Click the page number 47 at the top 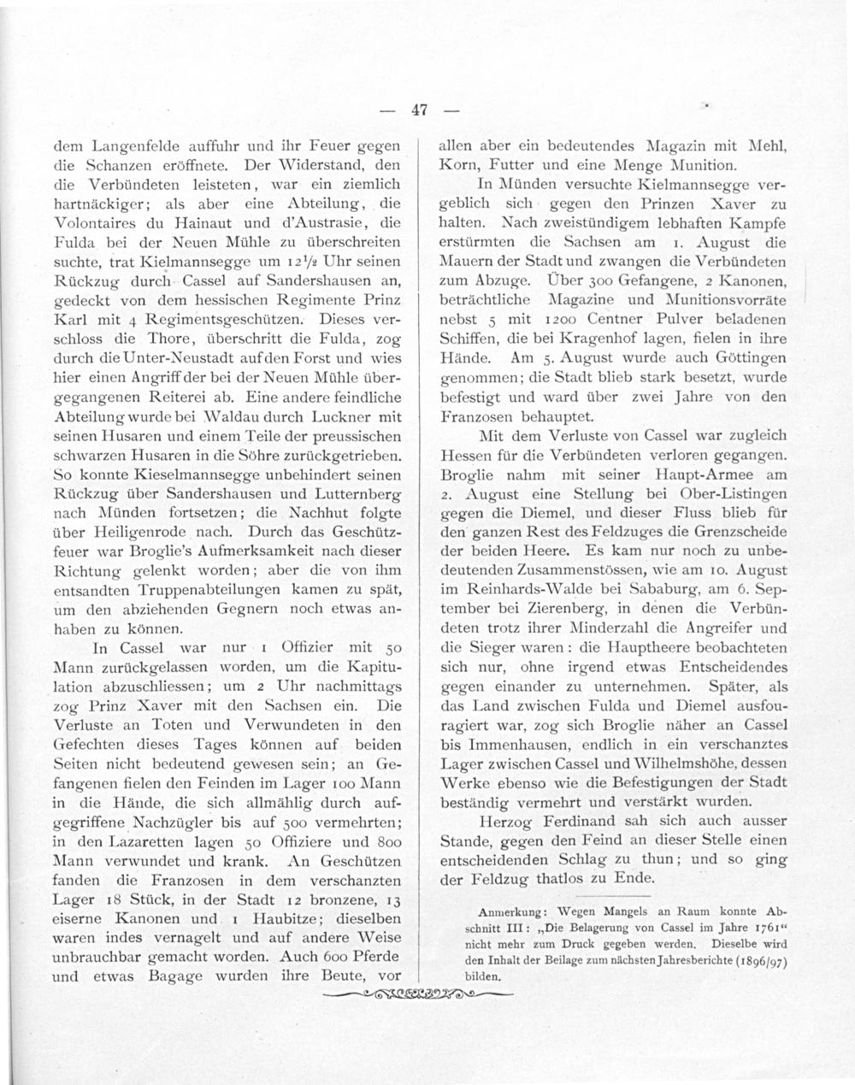point(418,109)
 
